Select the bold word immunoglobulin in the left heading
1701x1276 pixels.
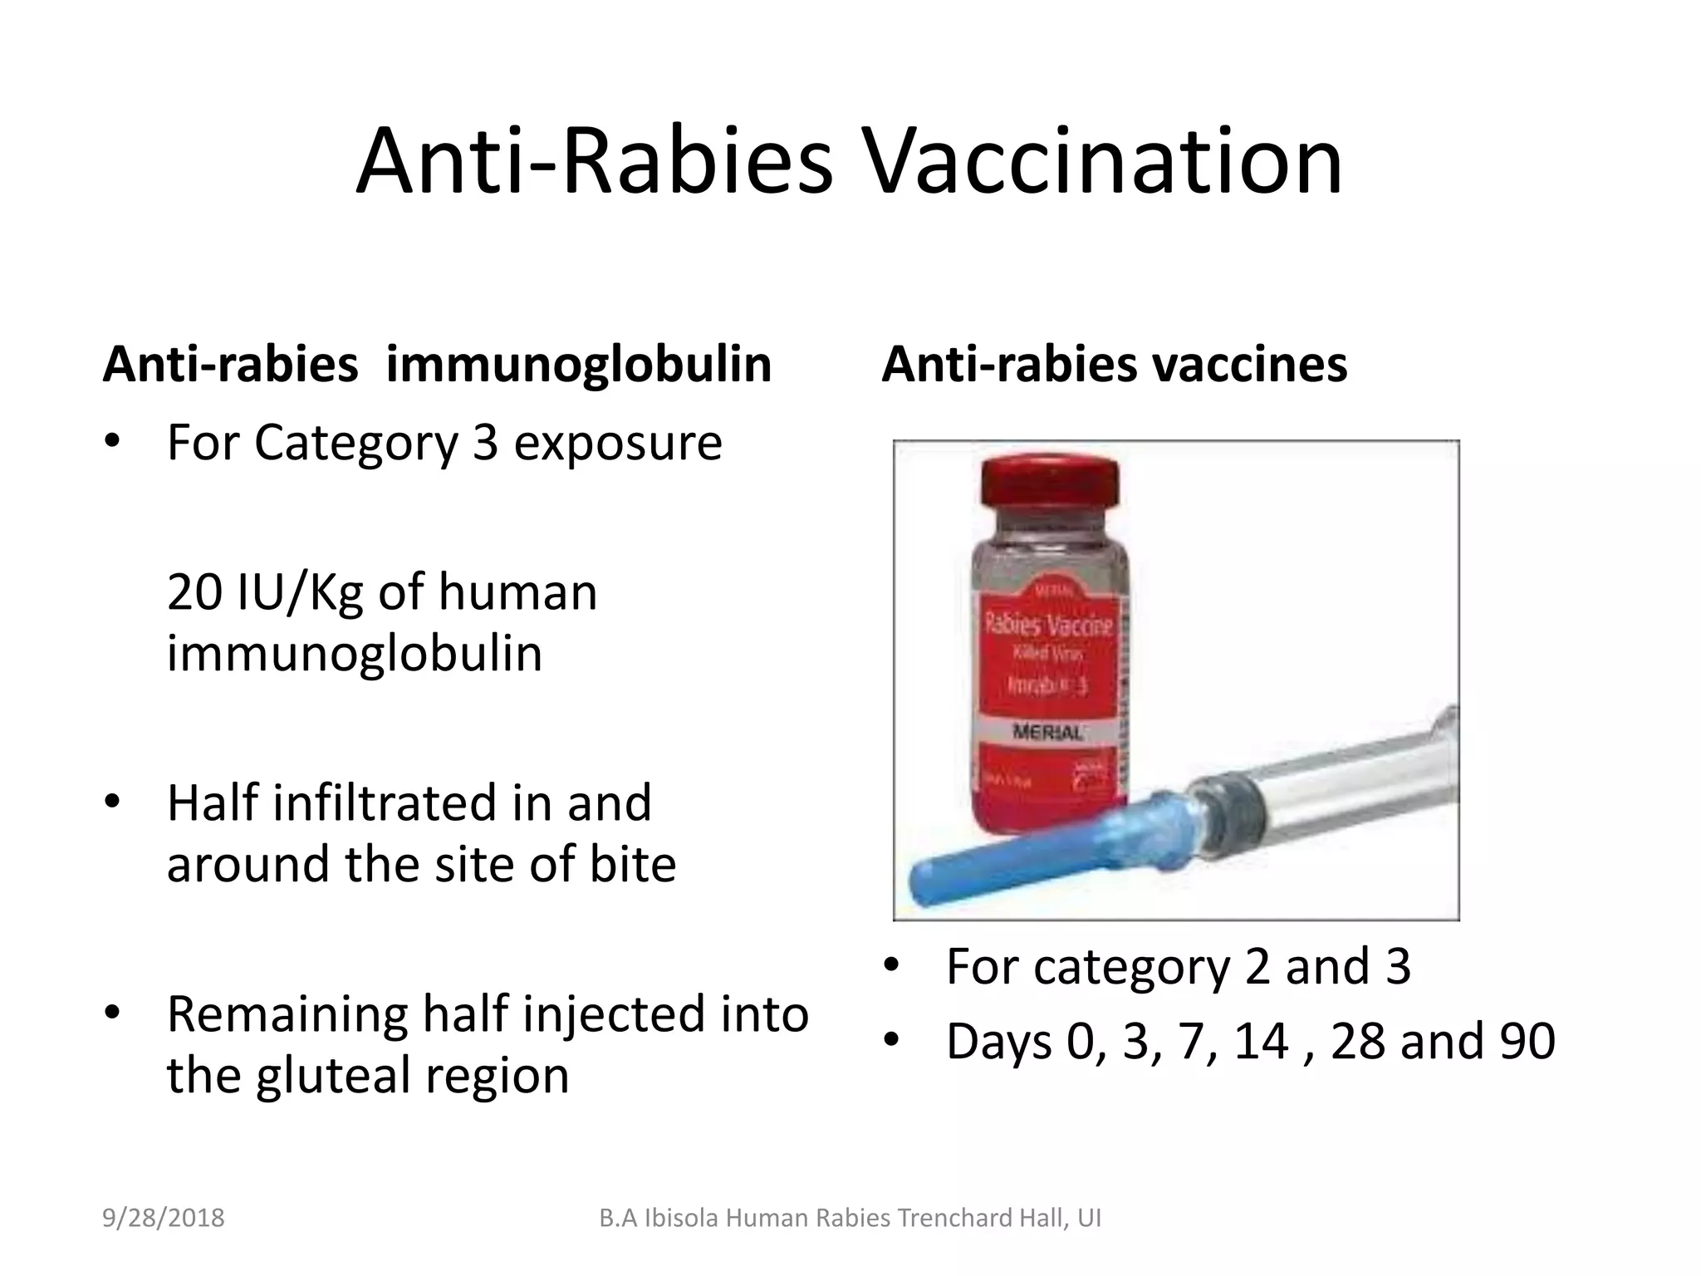579,365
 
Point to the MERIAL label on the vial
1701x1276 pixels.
1047,733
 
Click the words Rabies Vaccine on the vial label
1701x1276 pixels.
1047,625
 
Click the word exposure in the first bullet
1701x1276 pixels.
617,443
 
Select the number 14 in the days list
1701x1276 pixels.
1261,1041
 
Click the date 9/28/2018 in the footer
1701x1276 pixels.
164,1218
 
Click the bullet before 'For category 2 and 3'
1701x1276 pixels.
892,965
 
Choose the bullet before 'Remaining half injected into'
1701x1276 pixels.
113,1013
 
